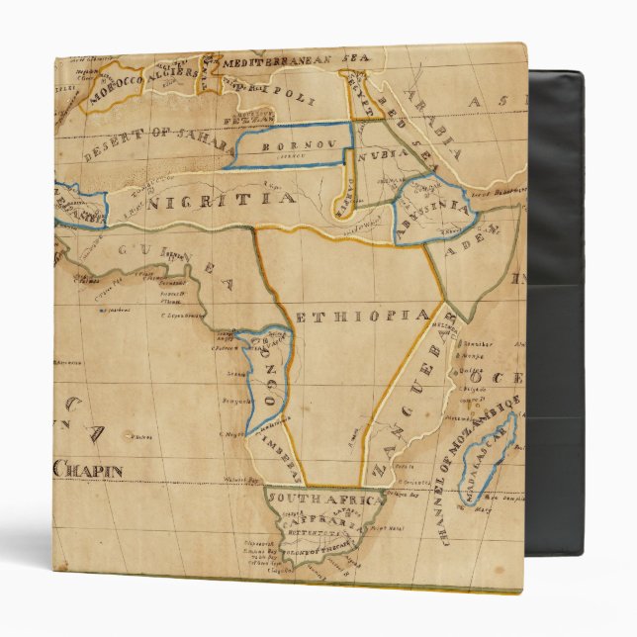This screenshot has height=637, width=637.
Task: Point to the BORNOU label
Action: tap(286, 144)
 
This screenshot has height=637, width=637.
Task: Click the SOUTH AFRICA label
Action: tap(325, 500)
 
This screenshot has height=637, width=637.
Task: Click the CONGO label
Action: tap(274, 371)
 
